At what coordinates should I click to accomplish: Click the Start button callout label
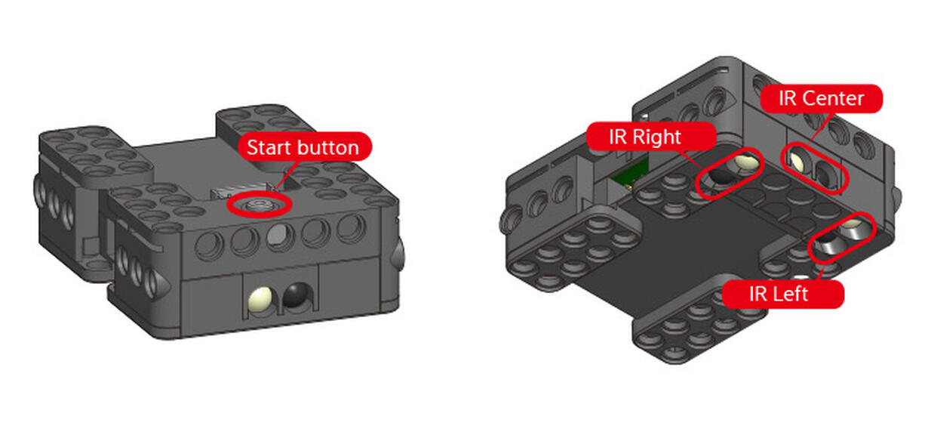click(x=305, y=147)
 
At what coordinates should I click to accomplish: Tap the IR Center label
click(x=822, y=99)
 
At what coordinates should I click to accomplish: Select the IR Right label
click(x=651, y=137)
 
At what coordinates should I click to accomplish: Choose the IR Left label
click(x=783, y=294)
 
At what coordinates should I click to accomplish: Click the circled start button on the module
click(x=260, y=204)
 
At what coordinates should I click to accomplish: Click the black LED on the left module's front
click(x=296, y=297)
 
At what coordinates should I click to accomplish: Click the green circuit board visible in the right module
click(x=630, y=174)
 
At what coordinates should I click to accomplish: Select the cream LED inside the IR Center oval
click(x=797, y=162)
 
